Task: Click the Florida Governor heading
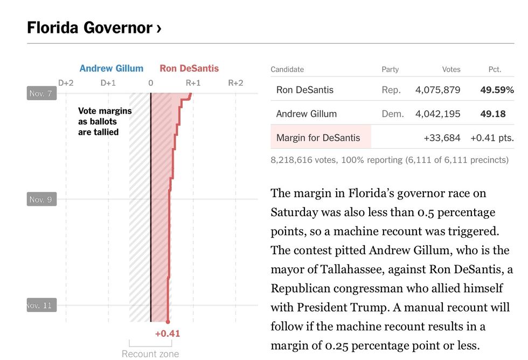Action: point(94,27)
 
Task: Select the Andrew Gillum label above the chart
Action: point(112,68)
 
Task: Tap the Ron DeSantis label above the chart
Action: point(189,68)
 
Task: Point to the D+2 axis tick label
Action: point(66,83)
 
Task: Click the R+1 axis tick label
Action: point(193,83)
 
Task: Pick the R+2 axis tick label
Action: point(235,83)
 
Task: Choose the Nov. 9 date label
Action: point(41,199)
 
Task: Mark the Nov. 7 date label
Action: point(41,93)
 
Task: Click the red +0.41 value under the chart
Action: point(168,334)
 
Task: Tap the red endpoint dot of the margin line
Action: point(168,322)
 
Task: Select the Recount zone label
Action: point(150,354)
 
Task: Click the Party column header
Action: point(390,70)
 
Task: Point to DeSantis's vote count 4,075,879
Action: point(437,90)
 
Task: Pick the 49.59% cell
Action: point(497,90)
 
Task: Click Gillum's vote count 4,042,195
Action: point(437,114)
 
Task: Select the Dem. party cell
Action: point(392,114)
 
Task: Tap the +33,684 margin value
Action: point(442,137)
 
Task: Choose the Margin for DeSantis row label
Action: point(318,137)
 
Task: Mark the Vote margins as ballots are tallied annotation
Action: point(105,121)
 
